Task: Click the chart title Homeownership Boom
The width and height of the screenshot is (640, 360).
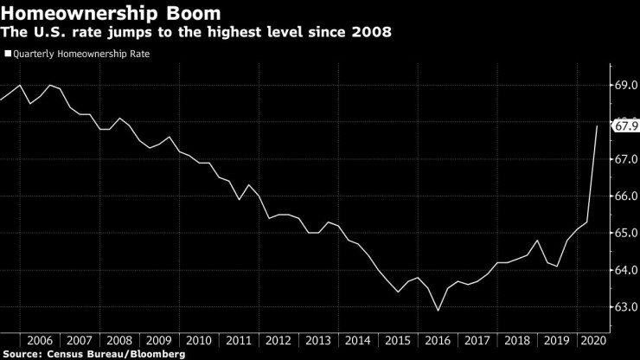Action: point(111,15)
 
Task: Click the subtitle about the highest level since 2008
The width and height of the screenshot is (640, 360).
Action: point(196,33)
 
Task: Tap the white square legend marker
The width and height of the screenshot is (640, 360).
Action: point(8,54)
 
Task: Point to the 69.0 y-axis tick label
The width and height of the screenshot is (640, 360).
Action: point(626,86)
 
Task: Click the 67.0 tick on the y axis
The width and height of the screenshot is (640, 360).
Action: point(626,160)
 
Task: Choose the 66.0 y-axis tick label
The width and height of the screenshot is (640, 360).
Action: point(626,196)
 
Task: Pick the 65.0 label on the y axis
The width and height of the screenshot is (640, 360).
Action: point(626,234)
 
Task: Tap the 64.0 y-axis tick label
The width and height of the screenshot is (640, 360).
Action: point(626,270)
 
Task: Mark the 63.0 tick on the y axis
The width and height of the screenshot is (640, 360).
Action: point(626,307)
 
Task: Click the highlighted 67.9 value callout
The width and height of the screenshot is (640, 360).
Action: point(625,126)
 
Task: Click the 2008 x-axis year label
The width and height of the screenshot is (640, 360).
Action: point(118,340)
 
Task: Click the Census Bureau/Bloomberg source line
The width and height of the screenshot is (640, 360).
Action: point(94,354)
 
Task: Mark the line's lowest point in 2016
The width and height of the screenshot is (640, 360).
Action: point(438,311)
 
